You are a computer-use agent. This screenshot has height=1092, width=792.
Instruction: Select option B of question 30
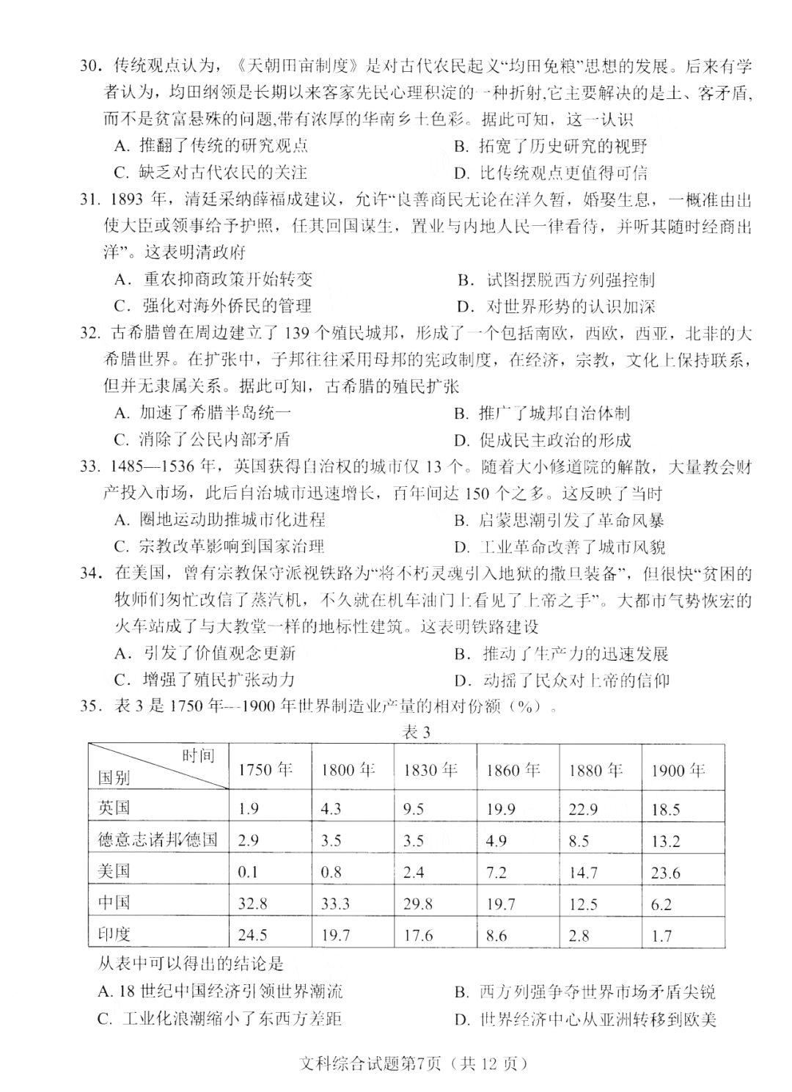(x=550, y=146)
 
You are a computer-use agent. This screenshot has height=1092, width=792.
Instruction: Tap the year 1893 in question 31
(x=129, y=199)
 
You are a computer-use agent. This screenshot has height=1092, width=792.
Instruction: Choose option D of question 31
(x=555, y=306)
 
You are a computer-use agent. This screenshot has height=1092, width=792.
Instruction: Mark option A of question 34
(x=205, y=653)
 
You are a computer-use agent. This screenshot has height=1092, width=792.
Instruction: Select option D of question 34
(x=562, y=680)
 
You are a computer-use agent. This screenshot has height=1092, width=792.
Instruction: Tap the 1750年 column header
(x=265, y=769)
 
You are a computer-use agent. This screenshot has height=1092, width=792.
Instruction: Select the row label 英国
(x=114, y=808)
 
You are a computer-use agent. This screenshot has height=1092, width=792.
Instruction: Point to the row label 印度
(x=114, y=934)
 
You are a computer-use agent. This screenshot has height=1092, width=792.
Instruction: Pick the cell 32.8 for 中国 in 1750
(x=253, y=904)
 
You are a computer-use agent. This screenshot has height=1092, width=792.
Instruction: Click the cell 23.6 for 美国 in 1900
(x=666, y=873)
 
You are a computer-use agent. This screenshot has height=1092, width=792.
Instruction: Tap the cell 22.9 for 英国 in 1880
(x=583, y=810)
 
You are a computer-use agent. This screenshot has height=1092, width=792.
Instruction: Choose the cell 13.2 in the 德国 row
(x=666, y=841)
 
